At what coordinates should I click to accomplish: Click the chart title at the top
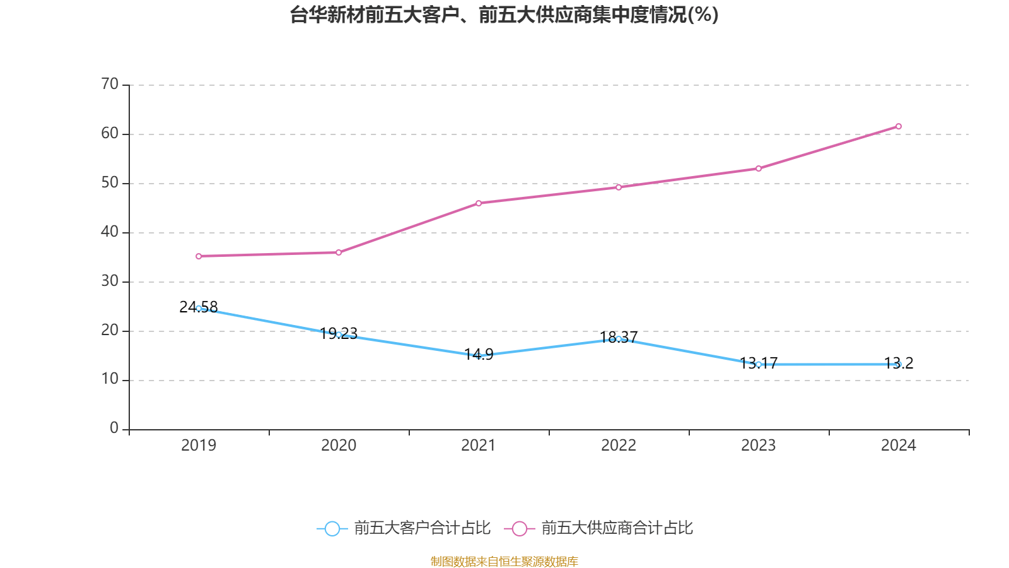pyautogui.click(x=504, y=15)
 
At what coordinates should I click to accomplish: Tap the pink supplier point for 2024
pyautogui.click(x=898, y=126)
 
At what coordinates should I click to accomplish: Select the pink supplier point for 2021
pyautogui.click(x=479, y=203)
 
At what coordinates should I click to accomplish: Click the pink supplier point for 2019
pyautogui.click(x=199, y=256)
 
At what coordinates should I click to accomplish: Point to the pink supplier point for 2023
pyautogui.click(x=758, y=169)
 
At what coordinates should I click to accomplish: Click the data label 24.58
pyautogui.click(x=199, y=307)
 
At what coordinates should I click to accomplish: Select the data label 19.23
pyautogui.click(x=339, y=333)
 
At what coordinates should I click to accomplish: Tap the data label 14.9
pyautogui.click(x=479, y=354)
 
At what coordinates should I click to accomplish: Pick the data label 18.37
pyautogui.click(x=619, y=337)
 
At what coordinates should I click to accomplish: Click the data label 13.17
pyautogui.click(x=759, y=363)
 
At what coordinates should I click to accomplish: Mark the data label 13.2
pyautogui.click(x=899, y=363)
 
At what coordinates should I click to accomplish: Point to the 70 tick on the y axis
pyautogui.click(x=110, y=84)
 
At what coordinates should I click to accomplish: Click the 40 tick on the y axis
pyautogui.click(x=110, y=232)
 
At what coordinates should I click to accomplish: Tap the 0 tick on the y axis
pyautogui.click(x=114, y=428)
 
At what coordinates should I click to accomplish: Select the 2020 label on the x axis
pyautogui.click(x=339, y=446)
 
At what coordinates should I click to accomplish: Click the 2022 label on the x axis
pyautogui.click(x=619, y=446)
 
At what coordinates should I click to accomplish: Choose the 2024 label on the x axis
pyautogui.click(x=898, y=446)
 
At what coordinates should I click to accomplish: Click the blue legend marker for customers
pyautogui.click(x=332, y=528)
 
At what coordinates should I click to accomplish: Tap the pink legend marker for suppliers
pyautogui.click(x=520, y=528)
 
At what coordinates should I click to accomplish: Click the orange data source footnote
pyautogui.click(x=504, y=561)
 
